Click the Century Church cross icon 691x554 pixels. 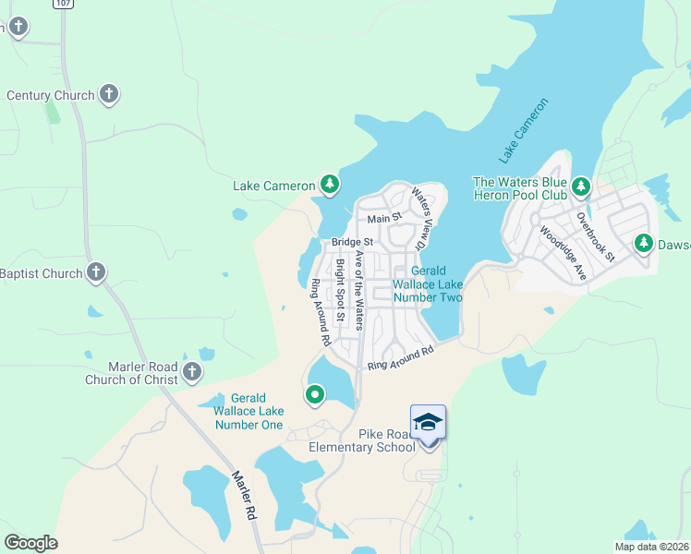[x=109, y=94]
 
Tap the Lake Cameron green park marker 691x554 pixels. [x=330, y=186]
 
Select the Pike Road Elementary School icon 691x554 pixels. [x=429, y=423]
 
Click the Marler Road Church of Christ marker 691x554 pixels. [x=192, y=372]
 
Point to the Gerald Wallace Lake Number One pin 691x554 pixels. [x=315, y=395]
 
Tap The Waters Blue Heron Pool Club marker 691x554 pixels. [x=581, y=187]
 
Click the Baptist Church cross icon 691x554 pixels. [x=96, y=272]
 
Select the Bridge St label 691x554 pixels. [x=352, y=243]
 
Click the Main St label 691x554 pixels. [x=384, y=219]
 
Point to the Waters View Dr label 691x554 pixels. [x=420, y=219]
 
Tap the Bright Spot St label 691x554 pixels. [x=340, y=290]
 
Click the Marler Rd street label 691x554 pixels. [x=244, y=497]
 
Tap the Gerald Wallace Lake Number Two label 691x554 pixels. [x=427, y=284]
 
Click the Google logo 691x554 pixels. [x=30, y=543]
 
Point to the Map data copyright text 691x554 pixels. [x=650, y=547]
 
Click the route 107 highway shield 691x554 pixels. [x=62, y=4]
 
